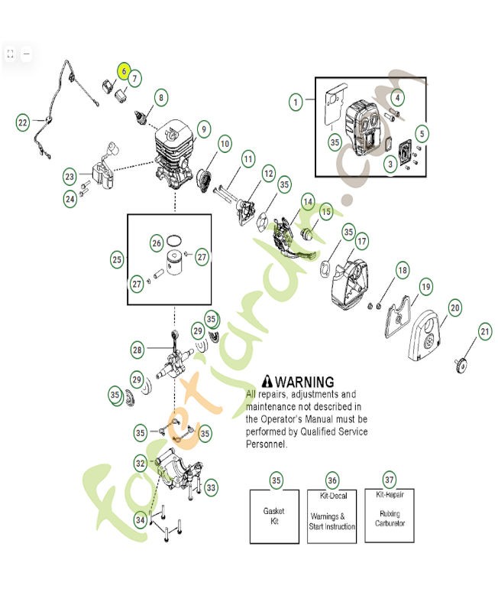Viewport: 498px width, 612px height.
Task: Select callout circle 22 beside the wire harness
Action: [x=24, y=122]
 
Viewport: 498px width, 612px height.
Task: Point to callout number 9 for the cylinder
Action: [x=203, y=129]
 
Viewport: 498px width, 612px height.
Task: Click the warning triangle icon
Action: [x=267, y=381]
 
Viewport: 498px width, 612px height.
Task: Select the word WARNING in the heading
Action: [x=304, y=381]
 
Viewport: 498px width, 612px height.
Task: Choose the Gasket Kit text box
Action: [x=275, y=516]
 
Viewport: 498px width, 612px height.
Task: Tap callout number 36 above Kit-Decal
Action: [x=332, y=480]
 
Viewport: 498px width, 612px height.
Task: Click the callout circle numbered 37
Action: [x=390, y=480]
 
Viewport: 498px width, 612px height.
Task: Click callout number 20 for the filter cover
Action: [x=454, y=308]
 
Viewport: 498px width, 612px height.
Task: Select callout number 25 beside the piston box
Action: [x=117, y=259]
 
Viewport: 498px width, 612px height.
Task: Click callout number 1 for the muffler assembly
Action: [x=296, y=101]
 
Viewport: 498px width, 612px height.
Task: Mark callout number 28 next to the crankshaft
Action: [x=137, y=350]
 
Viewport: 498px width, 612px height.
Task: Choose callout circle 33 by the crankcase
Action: [x=210, y=487]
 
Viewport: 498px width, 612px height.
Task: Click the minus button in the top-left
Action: [x=26, y=54]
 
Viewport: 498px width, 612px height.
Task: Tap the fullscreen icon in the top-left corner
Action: [x=10, y=54]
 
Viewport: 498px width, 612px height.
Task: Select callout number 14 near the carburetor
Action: [x=307, y=202]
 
